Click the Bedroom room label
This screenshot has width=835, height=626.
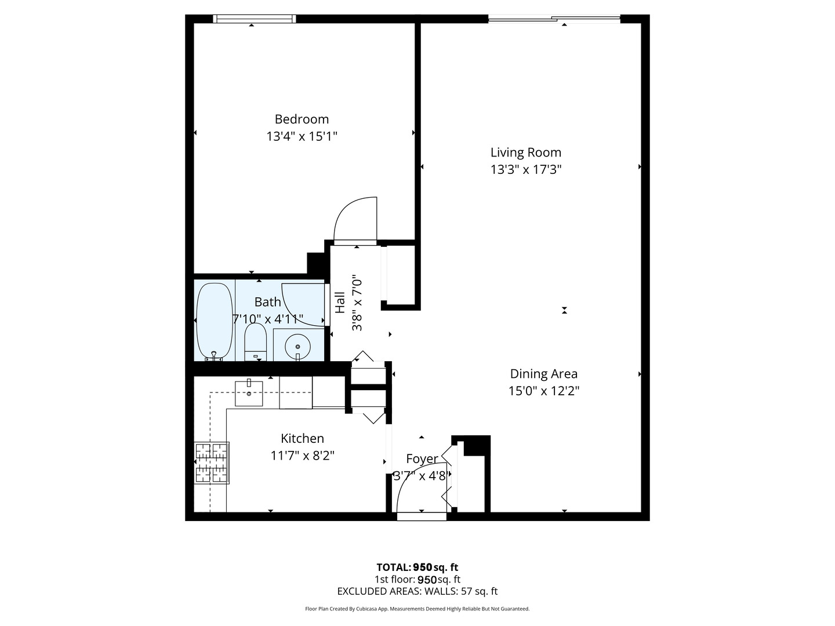[302, 119]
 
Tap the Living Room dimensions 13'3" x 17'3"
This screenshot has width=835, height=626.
[526, 169]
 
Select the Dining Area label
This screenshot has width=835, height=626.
[543, 374]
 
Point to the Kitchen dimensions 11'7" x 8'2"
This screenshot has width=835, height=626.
[303, 456]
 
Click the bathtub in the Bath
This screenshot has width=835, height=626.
[214, 321]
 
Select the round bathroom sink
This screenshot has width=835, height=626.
[297, 347]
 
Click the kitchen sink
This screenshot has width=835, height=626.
[249, 394]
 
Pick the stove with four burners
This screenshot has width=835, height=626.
[212, 463]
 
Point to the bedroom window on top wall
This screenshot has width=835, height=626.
[254, 19]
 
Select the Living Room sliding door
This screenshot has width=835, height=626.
[554, 18]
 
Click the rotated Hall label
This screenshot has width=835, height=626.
[340, 303]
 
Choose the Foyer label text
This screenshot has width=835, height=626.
[422, 458]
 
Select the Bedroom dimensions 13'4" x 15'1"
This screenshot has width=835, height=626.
[302, 136]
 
